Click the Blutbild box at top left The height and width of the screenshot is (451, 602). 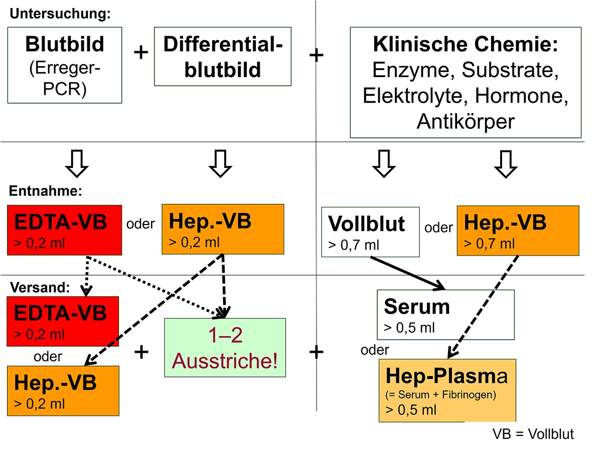[x=65, y=65]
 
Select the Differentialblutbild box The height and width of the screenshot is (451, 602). [x=223, y=57]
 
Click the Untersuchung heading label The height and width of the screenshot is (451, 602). [x=60, y=14]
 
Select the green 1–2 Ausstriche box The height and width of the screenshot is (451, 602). [x=225, y=348]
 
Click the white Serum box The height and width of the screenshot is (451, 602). [x=445, y=315]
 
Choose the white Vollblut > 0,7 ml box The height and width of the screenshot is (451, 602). [x=370, y=232]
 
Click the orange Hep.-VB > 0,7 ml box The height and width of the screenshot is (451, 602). [x=518, y=231]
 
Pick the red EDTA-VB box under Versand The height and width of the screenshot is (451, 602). [x=63, y=321]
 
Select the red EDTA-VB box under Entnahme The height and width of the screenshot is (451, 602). [x=65, y=229]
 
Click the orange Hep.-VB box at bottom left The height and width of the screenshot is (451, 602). [x=63, y=390]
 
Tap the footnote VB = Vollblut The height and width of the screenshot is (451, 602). [x=533, y=434]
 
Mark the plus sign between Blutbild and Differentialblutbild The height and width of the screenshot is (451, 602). [x=141, y=53]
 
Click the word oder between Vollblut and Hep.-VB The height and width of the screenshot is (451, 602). [x=438, y=228]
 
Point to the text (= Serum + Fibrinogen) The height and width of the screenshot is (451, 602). [x=440, y=395]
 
